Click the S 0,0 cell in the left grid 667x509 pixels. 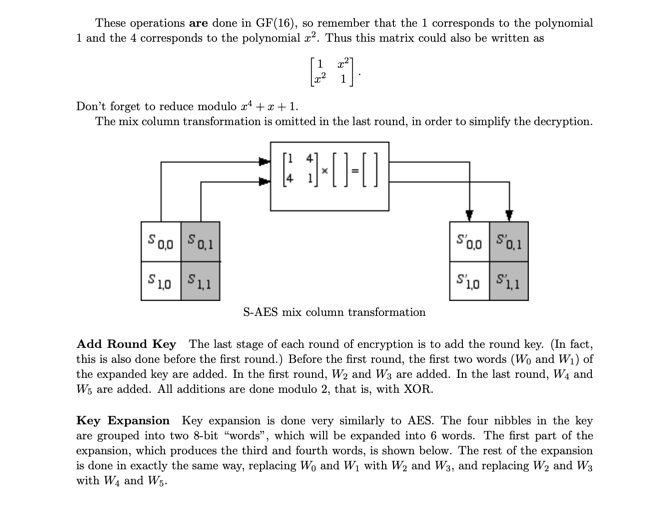point(161,241)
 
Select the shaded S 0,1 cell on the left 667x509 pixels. point(201,241)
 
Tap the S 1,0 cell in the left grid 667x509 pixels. point(161,281)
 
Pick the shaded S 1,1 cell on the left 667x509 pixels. point(201,281)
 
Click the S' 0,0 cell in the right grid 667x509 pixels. point(470,241)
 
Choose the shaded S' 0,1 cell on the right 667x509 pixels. point(509,241)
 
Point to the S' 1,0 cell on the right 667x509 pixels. point(470,281)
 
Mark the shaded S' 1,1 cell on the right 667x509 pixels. point(509,281)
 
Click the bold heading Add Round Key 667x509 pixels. point(126,344)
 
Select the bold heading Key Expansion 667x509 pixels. point(123,421)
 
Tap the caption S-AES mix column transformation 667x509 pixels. point(334,312)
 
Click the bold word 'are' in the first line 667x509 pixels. point(198,23)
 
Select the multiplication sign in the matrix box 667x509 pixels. point(325,171)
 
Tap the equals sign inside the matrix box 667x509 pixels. point(355,171)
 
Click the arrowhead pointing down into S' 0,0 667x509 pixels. point(470,216)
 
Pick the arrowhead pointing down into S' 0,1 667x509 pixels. point(509,216)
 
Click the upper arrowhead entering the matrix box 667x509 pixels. point(265,162)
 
